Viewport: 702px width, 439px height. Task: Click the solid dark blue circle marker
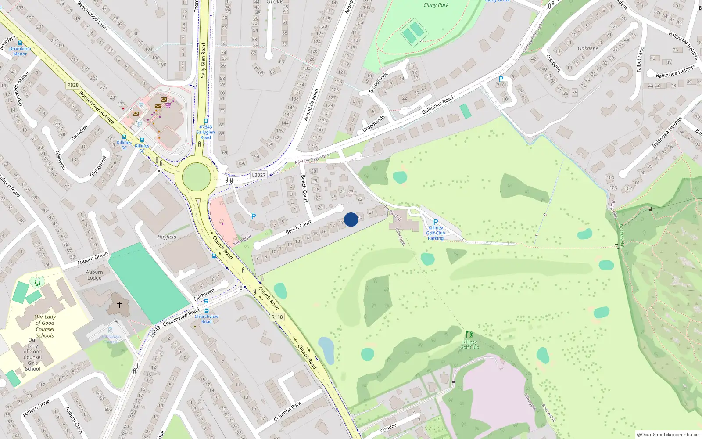[351, 219]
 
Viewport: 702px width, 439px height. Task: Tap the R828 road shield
[73, 85]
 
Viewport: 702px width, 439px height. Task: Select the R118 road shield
[277, 317]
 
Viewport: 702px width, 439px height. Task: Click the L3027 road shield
[258, 175]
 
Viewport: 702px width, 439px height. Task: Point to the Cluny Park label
[436, 5]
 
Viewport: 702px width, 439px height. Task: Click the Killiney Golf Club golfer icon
[469, 335]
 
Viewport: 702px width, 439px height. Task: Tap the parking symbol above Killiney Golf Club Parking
[436, 222]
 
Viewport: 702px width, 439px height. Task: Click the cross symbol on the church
[119, 304]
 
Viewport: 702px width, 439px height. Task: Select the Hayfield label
[167, 237]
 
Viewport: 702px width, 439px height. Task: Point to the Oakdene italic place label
[588, 48]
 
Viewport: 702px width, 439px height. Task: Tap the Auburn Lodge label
[94, 275]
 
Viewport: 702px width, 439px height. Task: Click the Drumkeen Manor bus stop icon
[20, 43]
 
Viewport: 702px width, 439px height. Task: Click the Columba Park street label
[287, 411]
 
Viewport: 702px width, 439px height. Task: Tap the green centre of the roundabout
[196, 177]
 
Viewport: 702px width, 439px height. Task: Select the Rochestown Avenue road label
[97, 108]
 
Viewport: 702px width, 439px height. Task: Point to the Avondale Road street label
[312, 104]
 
